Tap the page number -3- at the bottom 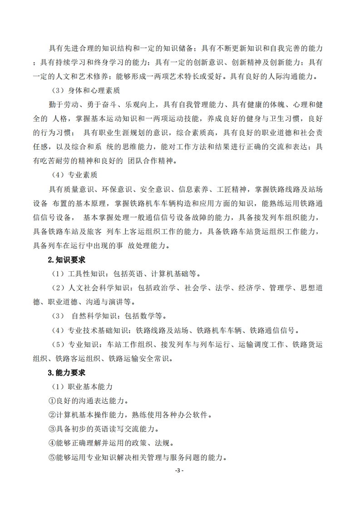(179, 471)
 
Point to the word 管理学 (273, 288)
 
